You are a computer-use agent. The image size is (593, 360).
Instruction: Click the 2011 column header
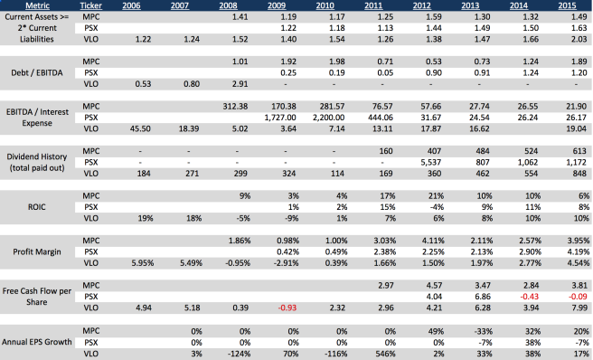[373, 5]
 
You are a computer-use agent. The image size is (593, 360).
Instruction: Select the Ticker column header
[90, 5]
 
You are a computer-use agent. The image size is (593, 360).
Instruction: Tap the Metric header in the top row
[37, 5]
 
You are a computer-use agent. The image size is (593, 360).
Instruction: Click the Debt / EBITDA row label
[37, 72]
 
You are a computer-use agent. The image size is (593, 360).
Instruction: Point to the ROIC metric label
[37, 207]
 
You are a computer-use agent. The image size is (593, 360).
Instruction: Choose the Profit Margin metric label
[37, 251]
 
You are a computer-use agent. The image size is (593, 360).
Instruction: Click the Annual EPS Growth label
[37, 342]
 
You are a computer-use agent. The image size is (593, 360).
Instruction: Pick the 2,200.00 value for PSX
[329, 118]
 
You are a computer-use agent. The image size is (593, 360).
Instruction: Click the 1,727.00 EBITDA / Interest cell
[280, 118]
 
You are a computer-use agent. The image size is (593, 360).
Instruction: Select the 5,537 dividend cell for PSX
[431, 163]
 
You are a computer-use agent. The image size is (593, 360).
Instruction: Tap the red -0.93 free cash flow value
[287, 308]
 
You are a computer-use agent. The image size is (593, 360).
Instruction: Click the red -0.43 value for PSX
[529, 297]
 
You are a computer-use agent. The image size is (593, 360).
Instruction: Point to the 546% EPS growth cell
[385, 354]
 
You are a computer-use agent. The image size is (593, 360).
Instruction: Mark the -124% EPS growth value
[239, 354]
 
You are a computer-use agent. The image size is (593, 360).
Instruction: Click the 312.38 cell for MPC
[236, 107]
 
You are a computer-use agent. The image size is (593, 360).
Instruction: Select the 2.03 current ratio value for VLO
[579, 40]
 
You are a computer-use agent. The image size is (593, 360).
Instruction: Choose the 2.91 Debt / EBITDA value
[240, 84]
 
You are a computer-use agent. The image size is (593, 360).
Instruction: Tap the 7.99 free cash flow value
[579, 308]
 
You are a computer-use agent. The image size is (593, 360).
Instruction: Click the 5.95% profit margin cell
[143, 263]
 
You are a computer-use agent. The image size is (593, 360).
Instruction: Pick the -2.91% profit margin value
[287, 263]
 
